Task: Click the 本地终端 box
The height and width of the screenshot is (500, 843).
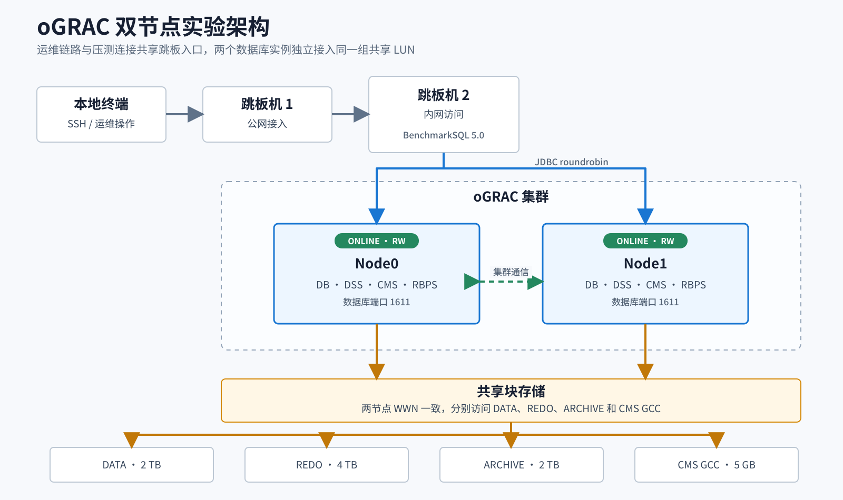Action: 101,114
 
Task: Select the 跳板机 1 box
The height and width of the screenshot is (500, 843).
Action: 267,114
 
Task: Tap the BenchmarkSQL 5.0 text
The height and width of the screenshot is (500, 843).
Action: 443,135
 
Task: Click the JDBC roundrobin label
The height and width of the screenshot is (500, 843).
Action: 571,162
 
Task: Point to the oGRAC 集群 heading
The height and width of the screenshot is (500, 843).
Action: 511,197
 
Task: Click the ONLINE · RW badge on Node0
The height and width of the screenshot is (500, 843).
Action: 376,241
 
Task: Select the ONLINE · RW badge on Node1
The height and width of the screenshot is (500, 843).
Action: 645,241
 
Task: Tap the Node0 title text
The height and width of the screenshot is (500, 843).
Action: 376,264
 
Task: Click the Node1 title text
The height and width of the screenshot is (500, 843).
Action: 645,264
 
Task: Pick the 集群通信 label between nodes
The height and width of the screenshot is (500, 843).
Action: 511,272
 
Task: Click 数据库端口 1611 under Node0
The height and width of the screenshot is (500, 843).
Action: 376,302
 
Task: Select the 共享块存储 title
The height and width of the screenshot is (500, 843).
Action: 511,392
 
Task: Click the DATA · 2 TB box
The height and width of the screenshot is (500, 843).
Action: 132,465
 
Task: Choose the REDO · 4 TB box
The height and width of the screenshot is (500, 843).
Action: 327,465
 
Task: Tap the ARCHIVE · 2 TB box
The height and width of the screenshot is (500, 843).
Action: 522,465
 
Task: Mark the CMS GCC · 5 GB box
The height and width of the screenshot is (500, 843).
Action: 717,465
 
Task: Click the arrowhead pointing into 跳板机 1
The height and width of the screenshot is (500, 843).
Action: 195,114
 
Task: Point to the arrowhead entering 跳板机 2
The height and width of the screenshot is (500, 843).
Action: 361,114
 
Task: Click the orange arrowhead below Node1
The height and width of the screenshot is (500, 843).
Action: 645,372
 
